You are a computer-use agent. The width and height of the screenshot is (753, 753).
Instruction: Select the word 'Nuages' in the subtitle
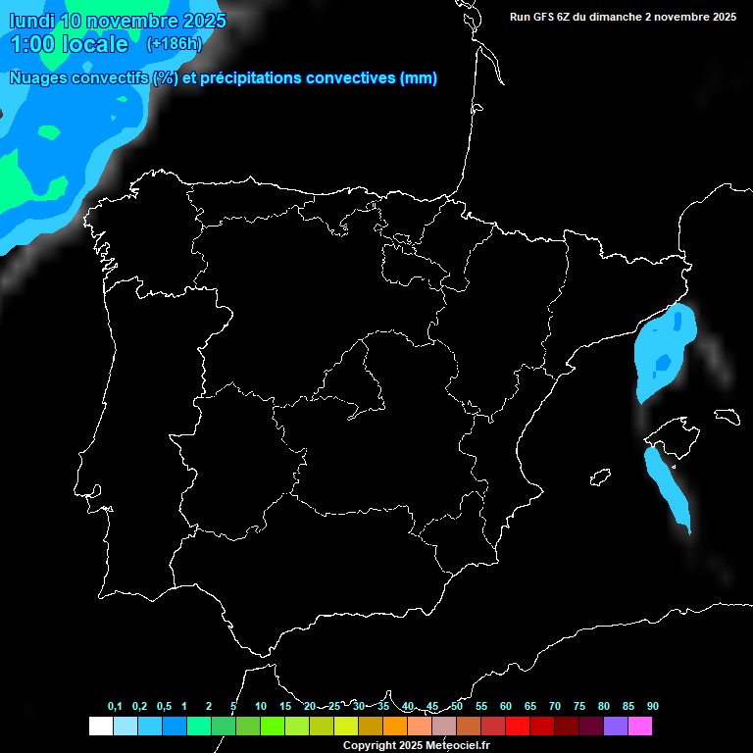[39, 78]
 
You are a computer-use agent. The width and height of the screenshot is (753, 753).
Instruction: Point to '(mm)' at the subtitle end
[419, 78]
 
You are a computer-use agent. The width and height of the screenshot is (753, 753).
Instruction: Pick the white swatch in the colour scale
[100, 726]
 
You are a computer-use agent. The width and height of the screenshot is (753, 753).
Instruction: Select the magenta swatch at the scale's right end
[640, 726]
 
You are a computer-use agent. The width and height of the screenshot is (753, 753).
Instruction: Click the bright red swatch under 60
[518, 726]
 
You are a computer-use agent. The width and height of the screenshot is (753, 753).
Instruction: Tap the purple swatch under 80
[616, 726]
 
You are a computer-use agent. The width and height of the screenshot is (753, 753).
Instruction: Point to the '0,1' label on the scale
[115, 706]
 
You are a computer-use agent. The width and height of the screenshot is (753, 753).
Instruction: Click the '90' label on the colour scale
[652, 706]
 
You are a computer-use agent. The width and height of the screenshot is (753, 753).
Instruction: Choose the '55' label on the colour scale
[480, 706]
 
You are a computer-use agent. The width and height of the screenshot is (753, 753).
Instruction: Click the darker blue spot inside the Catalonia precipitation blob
[663, 363]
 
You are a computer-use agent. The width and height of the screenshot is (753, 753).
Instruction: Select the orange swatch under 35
[395, 726]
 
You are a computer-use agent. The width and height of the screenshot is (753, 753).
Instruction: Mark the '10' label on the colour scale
[260, 706]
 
